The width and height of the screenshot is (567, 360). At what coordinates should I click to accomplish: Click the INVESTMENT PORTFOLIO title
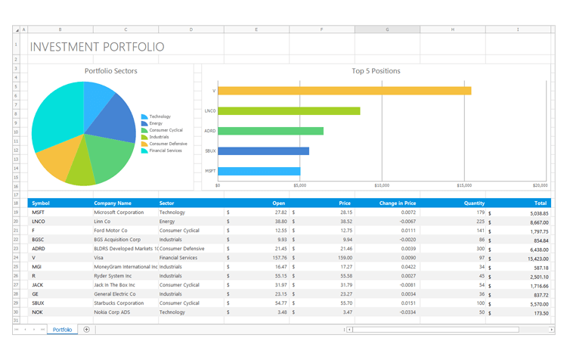click(x=97, y=47)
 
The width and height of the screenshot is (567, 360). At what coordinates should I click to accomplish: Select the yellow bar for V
click(x=344, y=91)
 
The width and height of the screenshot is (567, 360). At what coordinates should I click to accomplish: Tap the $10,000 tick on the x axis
click(x=382, y=185)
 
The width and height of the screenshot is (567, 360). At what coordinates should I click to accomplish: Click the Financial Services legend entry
click(x=165, y=151)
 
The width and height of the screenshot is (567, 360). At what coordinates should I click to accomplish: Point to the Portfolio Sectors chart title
click(x=111, y=71)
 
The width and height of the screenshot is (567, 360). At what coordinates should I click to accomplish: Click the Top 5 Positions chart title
click(x=376, y=71)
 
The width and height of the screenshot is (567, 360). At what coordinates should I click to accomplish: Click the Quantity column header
click(x=474, y=203)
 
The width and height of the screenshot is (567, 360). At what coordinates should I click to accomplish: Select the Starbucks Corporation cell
click(x=119, y=303)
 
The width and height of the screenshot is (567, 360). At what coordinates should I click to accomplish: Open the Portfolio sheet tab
click(x=62, y=330)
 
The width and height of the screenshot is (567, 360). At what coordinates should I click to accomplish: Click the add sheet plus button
click(x=86, y=330)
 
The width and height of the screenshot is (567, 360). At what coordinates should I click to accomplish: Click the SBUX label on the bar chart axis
click(x=210, y=151)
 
